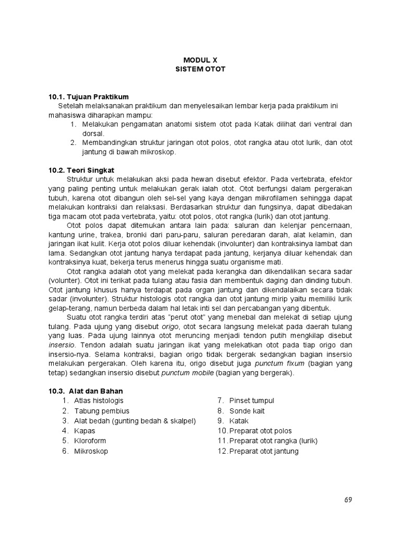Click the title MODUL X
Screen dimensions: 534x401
200,60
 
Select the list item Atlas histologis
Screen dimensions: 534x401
99,400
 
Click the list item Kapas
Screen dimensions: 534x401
85,431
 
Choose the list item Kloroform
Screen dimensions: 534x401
90,441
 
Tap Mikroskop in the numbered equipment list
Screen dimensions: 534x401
91,451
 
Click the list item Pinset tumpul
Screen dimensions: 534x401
252,400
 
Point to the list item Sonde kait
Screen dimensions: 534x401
247,411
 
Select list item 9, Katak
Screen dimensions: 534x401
239,421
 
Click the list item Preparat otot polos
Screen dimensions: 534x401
261,431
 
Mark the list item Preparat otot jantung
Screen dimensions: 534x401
264,451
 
